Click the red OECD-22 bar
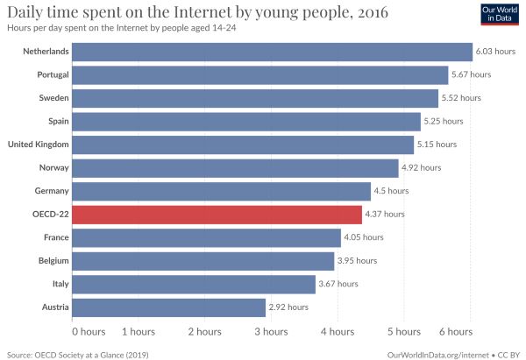pyautogui.click(x=217, y=215)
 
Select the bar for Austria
pyautogui.click(x=168, y=307)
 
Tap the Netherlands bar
pyautogui.click(x=272, y=52)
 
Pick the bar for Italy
pyautogui.click(x=194, y=285)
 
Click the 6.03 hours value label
pyautogui.click(x=495, y=52)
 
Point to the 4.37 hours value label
pyautogui.click(x=385, y=214)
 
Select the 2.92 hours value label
pyautogui.click(x=288, y=307)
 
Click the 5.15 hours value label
pyautogui.click(x=437, y=145)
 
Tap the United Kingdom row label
pyautogui.click(x=39, y=145)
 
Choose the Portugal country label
pyautogui.click(x=53, y=74)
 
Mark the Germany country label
pyautogui.click(x=52, y=191)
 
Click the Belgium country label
pyautogui.click(x=53, y=261)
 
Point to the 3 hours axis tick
pyautogui.click(x=271, y=332)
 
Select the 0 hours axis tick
pyautogui.click(x=89, y=332)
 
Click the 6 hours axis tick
pyautogui.click(x=456, y=332)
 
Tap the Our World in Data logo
pyautogui.click(x=500, y=14)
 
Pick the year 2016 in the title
pyautogui.click(x=373, y=13)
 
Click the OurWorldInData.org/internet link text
pyautogui.click(x=437, y=355)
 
